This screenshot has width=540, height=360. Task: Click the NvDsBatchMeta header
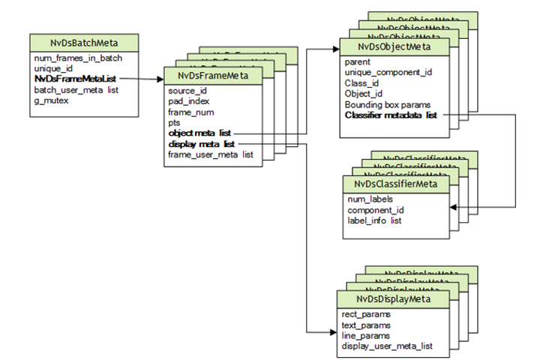click(84, 42)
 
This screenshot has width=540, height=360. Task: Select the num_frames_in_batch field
click(78, 58)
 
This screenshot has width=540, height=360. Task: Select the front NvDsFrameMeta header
click(214, 76)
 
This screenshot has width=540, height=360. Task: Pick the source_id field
click(187, 90)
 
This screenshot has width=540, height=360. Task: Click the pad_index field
click(189, 100)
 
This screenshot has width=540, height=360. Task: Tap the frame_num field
click(191, 111)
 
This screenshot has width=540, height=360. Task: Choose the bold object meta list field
click(199, 133)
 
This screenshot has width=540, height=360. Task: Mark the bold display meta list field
click(201, 143)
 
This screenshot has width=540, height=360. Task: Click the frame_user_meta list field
click(211, 154)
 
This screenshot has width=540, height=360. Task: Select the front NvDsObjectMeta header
click(394, 47)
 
